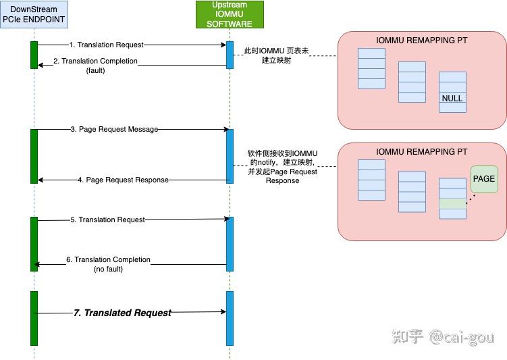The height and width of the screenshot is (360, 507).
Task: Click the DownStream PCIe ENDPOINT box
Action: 34,15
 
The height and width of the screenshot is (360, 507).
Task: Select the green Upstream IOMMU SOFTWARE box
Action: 230,15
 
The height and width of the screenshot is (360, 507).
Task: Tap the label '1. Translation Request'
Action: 107,45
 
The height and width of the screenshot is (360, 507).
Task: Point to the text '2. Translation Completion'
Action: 95,61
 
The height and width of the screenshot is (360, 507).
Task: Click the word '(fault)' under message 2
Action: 95,70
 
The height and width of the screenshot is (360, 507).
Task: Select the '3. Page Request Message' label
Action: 115,129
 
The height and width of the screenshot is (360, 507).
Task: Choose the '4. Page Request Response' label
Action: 123,180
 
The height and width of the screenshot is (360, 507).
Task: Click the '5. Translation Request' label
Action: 107,220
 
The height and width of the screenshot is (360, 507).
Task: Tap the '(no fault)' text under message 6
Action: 108,269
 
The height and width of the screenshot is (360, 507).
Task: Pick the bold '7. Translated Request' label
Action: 122,313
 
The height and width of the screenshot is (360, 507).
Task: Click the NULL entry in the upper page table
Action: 452,98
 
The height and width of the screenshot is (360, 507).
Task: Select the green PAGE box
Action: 484,179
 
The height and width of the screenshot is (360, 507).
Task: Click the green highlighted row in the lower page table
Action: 452,203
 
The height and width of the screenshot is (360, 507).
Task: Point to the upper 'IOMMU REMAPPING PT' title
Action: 422,40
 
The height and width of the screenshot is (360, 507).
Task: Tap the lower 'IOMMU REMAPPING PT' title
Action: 422,152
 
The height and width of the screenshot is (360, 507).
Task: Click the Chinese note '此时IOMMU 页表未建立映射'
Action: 277,55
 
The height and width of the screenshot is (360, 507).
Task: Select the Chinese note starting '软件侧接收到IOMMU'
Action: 283,167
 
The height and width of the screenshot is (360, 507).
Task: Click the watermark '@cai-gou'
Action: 462,337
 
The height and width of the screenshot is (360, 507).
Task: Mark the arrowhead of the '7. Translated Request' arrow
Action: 223,311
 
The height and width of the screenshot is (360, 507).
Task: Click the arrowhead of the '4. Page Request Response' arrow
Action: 41,180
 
